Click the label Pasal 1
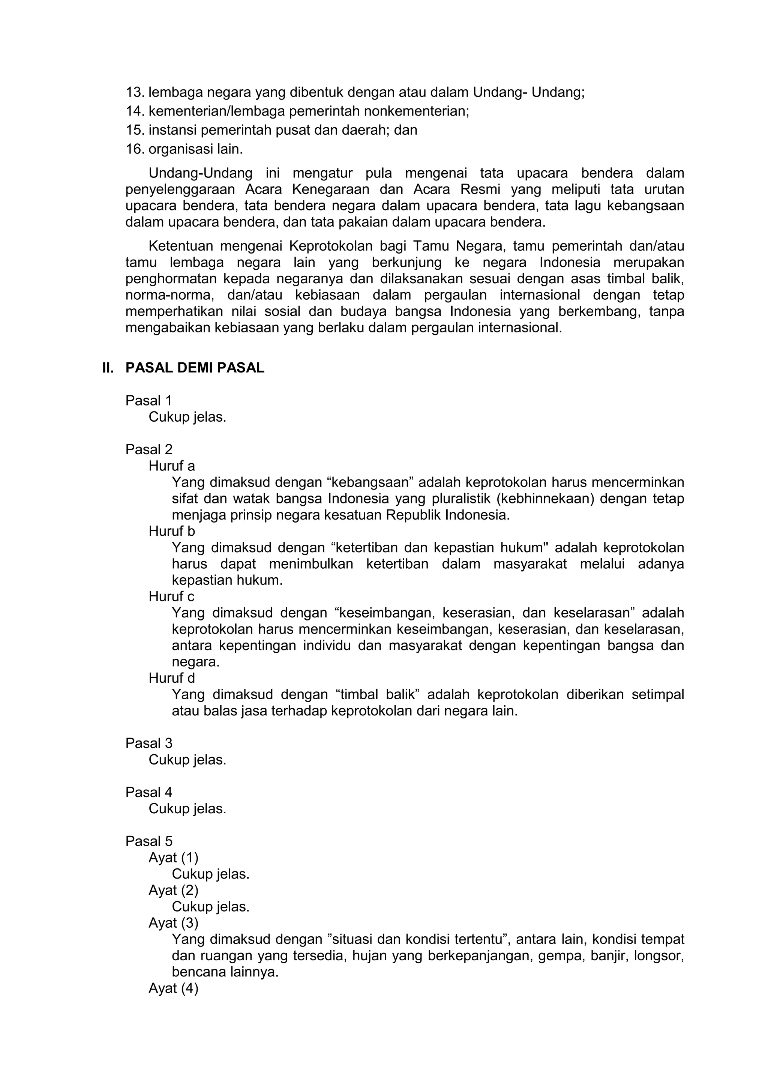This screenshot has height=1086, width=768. point(148,401)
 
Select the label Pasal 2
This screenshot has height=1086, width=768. point(148,449)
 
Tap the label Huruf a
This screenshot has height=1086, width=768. point(171,466)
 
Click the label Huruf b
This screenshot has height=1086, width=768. point(171,531)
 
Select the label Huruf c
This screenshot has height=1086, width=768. point(171,596)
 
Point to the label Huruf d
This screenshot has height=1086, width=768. point(171,678)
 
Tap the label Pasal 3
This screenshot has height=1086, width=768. point(148,743)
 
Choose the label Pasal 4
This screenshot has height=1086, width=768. point(148,792)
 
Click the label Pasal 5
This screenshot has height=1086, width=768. point(148,841)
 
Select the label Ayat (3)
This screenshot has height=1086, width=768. point(173,923)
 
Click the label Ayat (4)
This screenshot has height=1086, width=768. point(173,988)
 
